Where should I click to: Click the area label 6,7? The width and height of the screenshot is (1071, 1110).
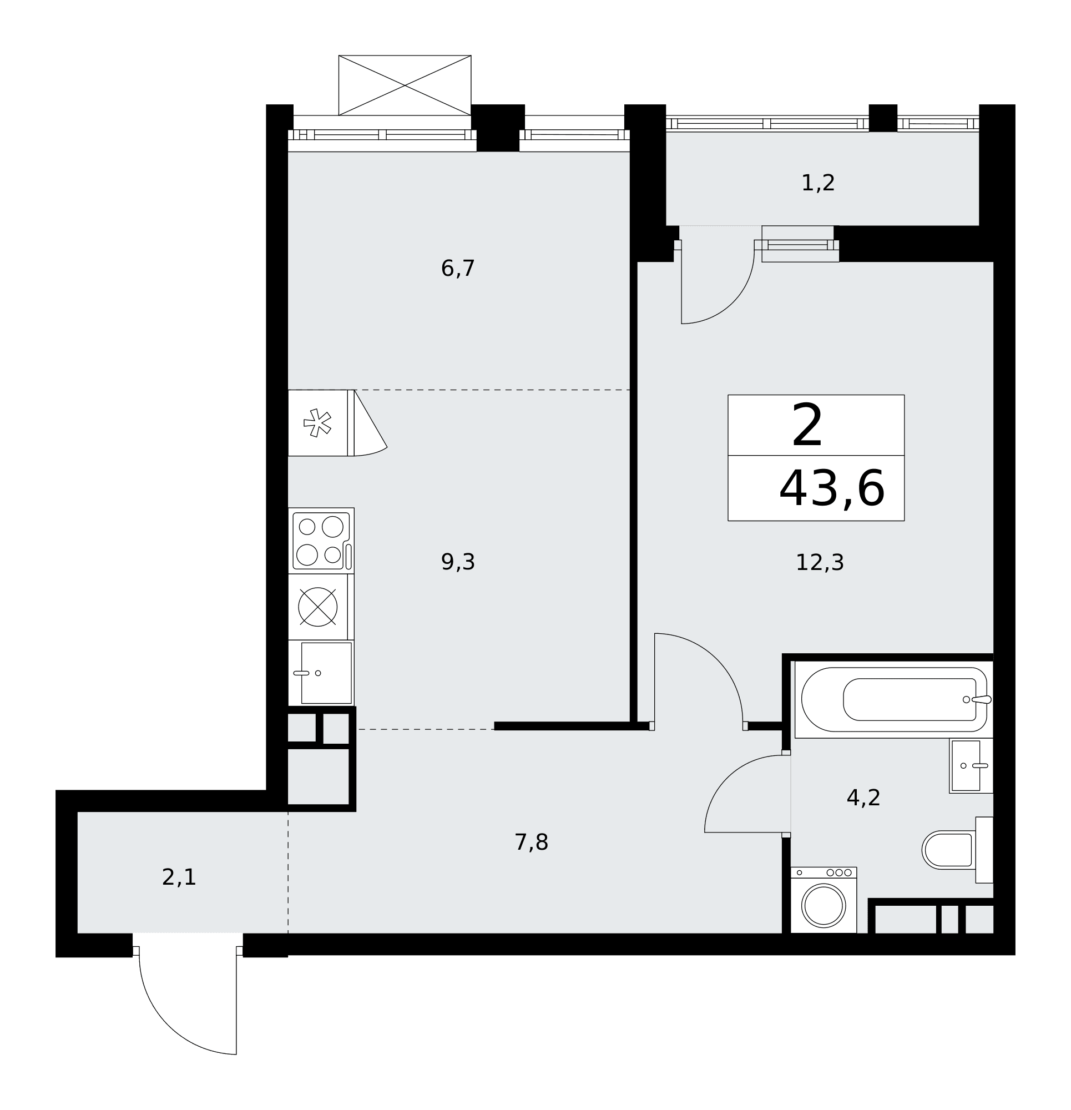(x=457, y=269)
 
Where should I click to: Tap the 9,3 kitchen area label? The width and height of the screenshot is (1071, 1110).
(x=458, y=562)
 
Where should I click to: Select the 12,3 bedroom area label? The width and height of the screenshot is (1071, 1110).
(x=819, y=562)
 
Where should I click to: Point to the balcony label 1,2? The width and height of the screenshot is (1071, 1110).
(x=817, y=183)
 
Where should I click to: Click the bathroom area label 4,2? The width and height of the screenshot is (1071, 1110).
(x=863, y=798)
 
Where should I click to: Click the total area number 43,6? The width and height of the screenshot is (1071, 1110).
(x=831, y=488)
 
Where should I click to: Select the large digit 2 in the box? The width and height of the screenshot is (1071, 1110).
(x=806, y=425)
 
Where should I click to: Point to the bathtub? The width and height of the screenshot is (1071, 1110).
(x=893, y=699)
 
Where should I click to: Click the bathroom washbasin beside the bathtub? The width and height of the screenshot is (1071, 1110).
(x=971, y=766)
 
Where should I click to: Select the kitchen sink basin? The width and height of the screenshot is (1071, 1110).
(x=326, y=673)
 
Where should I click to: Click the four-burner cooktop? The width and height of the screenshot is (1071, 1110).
(x=321, y=541)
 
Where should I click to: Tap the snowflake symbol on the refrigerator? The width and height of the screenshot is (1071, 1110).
(x=317, y=422)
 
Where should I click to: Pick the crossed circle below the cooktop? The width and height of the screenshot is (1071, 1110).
(x=317, y=607)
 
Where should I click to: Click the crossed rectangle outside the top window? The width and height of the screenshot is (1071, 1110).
(x=405, y=85)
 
